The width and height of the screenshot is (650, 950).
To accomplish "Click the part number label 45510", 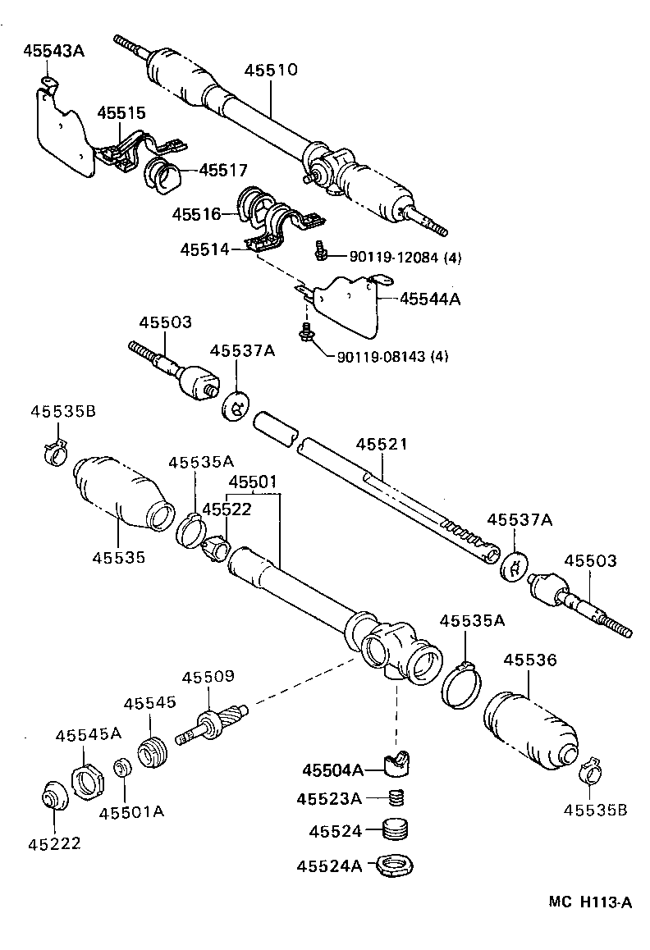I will [x=270, y=70].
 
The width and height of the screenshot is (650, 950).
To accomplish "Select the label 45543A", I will [x=54, y=51].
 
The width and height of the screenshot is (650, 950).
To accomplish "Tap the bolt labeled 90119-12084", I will [x=322, y=253].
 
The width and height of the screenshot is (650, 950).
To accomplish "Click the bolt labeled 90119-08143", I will [x=308, y=332].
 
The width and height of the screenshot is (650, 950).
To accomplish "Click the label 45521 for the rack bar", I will [x=381, y=444].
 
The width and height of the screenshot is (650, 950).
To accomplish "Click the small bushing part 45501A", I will [x=123, y=770].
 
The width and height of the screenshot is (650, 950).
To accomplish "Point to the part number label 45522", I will [x=226, y=509].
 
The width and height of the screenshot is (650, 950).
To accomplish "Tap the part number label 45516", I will [x=196, y=214].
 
